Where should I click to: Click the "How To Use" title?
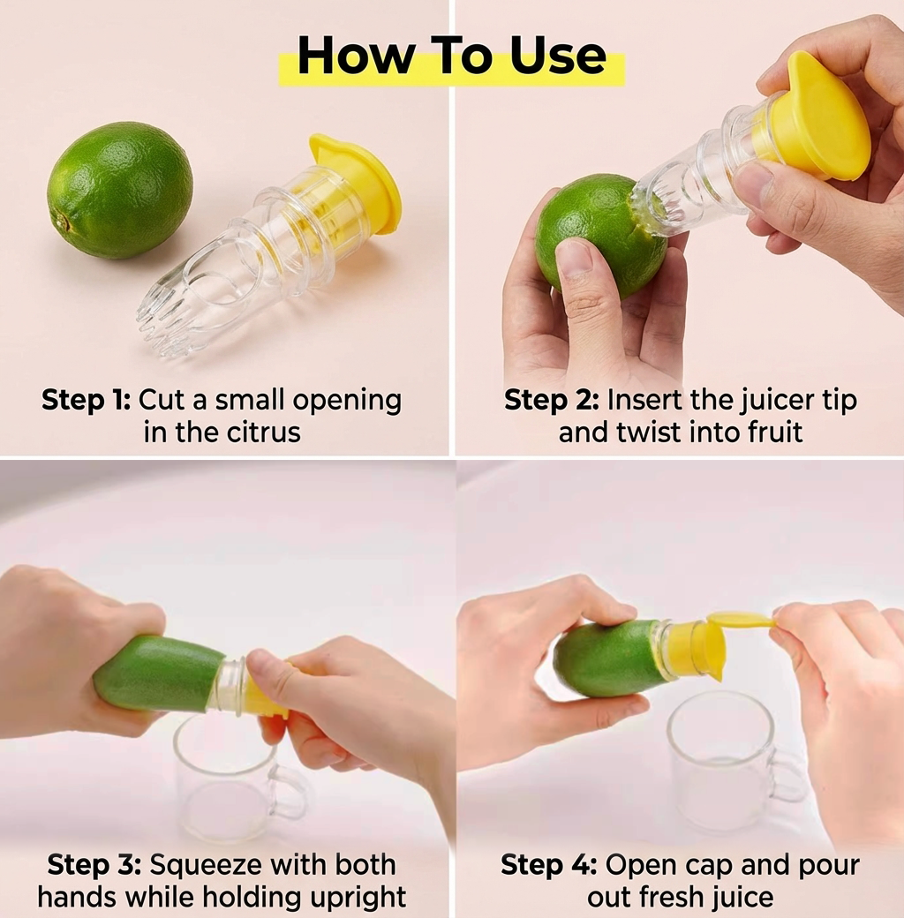[x=451, y=57]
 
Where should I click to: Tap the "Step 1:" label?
[x=86, y=400]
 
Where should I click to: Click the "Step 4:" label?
[x=548, y=864]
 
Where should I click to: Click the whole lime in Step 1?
[x=119, y=190]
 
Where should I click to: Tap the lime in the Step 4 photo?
[x=605, y=658]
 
